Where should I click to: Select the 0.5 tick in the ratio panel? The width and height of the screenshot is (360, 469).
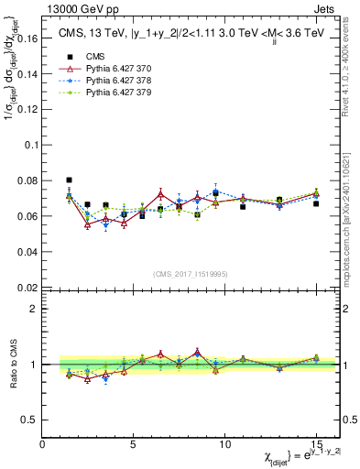32,420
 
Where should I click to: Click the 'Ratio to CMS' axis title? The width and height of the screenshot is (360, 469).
13,364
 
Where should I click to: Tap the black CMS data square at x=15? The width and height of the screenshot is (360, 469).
316,203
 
